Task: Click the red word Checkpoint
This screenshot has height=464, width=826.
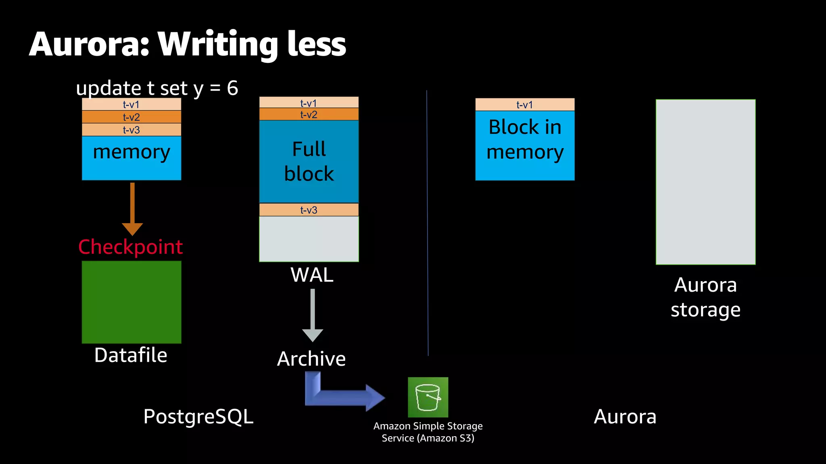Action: (x=130, y=247)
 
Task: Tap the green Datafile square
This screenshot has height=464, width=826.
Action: (x=131, y=302)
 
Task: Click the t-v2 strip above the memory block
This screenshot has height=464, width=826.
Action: (x=131, y=117)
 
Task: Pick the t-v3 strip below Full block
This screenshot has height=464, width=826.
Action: (x=309, y=210)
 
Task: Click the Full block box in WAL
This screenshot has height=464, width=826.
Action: (x=309, y=161)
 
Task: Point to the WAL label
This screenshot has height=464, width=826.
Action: (x=312, y=275)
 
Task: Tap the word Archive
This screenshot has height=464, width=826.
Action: (x=311, y=358)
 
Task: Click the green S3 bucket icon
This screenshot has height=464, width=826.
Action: (x=428, y=397)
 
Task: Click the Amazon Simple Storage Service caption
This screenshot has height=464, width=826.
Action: (x=428, y=432)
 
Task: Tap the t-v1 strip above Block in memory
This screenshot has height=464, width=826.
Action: (x=525, y=105)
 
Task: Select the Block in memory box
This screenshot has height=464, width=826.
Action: (x=525, y=145)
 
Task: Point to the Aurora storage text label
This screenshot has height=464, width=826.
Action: (x=705, y=297)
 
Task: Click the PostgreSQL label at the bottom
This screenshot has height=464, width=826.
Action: (x=198, y=416)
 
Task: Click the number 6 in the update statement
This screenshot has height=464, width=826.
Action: (x=232, y=88)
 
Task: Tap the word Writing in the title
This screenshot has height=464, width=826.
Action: (x=218, y=44)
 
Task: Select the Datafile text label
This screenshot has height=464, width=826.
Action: (x=131, y=355)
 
